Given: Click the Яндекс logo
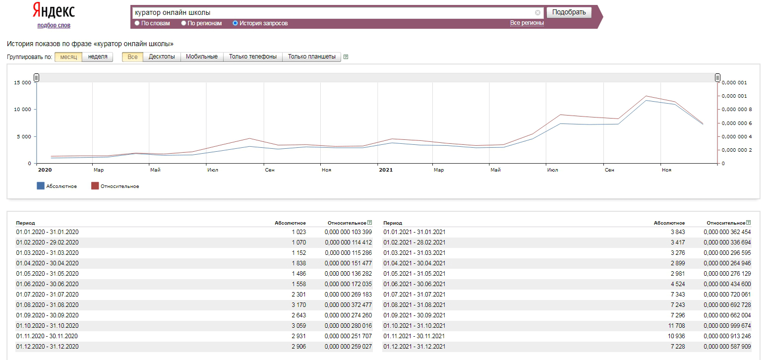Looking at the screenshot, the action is pyautogui.click(x=54, y=10).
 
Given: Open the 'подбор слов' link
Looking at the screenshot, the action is pyautogui.click(x=54, y=25).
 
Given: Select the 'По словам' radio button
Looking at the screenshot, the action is pyautogui.click(x=137, y=23).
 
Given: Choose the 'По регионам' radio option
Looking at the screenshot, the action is pyautogui.click(x=183, y=23).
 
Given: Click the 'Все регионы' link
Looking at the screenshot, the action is pyautogui.click(x=527, y=23).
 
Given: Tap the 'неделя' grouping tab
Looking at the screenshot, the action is pyautogui.click(x=98, y=57).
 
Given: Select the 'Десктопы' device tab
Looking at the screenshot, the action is pyautogui.click(x=162, y=57).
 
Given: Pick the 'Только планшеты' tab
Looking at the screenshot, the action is pyautogui.click(x=311, y=57).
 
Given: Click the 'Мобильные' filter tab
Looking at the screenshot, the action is pyautogui.click(x=202, y=57).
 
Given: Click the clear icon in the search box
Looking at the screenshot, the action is pyautogui.click(x=537, y=13).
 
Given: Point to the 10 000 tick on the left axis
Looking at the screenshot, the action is pyautogui.click(x=22, y=110).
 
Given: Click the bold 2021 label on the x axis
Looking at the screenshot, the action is pyautogui.click(x=386, y=170).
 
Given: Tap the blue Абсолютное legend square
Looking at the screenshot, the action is pyautogui.click(x=41, y=186).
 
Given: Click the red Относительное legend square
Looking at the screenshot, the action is pyautogui.click(x=95, y=186).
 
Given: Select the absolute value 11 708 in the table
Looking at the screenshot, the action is pyautogui.click(x=676, y=326).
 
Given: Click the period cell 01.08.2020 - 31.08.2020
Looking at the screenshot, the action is pyautogui.click(x=47, y=305).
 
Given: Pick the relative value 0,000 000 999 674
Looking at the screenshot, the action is pyautogui.click(x=727, y=326).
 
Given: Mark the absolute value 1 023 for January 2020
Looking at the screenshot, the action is pyautogui.click(x=298, y=232).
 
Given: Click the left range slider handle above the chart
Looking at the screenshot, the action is pyautogui.click(x=36, y=78).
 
